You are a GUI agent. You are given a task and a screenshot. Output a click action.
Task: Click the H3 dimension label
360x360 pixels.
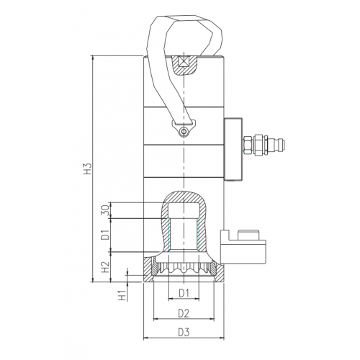click(89, 168)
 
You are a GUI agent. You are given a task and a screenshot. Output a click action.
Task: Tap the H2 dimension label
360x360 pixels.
click(105, 267)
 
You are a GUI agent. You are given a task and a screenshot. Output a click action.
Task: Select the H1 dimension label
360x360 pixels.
click(122, 295)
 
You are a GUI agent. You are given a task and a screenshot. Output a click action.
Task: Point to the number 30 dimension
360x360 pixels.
click(107, 210)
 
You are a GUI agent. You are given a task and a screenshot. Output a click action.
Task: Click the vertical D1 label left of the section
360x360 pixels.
click(105, 235)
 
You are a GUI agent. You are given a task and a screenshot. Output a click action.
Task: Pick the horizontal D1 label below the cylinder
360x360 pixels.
click(184, 293)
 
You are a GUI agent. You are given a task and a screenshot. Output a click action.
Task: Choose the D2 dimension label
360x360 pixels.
click(184, 313)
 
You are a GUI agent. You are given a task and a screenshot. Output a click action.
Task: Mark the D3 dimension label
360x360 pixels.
click(184, 333)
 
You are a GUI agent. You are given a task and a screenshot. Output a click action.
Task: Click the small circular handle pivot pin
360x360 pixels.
click(184, 131)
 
